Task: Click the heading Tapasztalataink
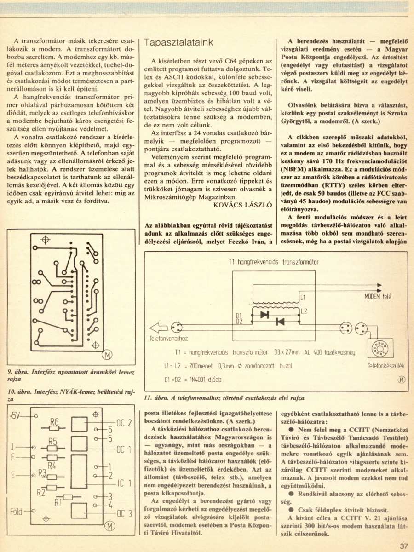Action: pos(178,42)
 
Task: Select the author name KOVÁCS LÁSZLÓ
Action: pos(242,205)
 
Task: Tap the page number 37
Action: pos(404,546)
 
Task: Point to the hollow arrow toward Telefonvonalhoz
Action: pos(158,328)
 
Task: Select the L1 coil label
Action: pos(303,298)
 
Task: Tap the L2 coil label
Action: pos(304,311)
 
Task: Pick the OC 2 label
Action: pos(124,423)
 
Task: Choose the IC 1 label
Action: pos(124,483)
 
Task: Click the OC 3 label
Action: pos(124,513)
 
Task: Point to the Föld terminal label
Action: pos(16,511)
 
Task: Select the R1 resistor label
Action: pos(58,502)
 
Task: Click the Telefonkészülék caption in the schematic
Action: pos(386,366)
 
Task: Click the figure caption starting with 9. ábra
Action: pos(71,375)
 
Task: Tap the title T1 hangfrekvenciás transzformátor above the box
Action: pos(274,262)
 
